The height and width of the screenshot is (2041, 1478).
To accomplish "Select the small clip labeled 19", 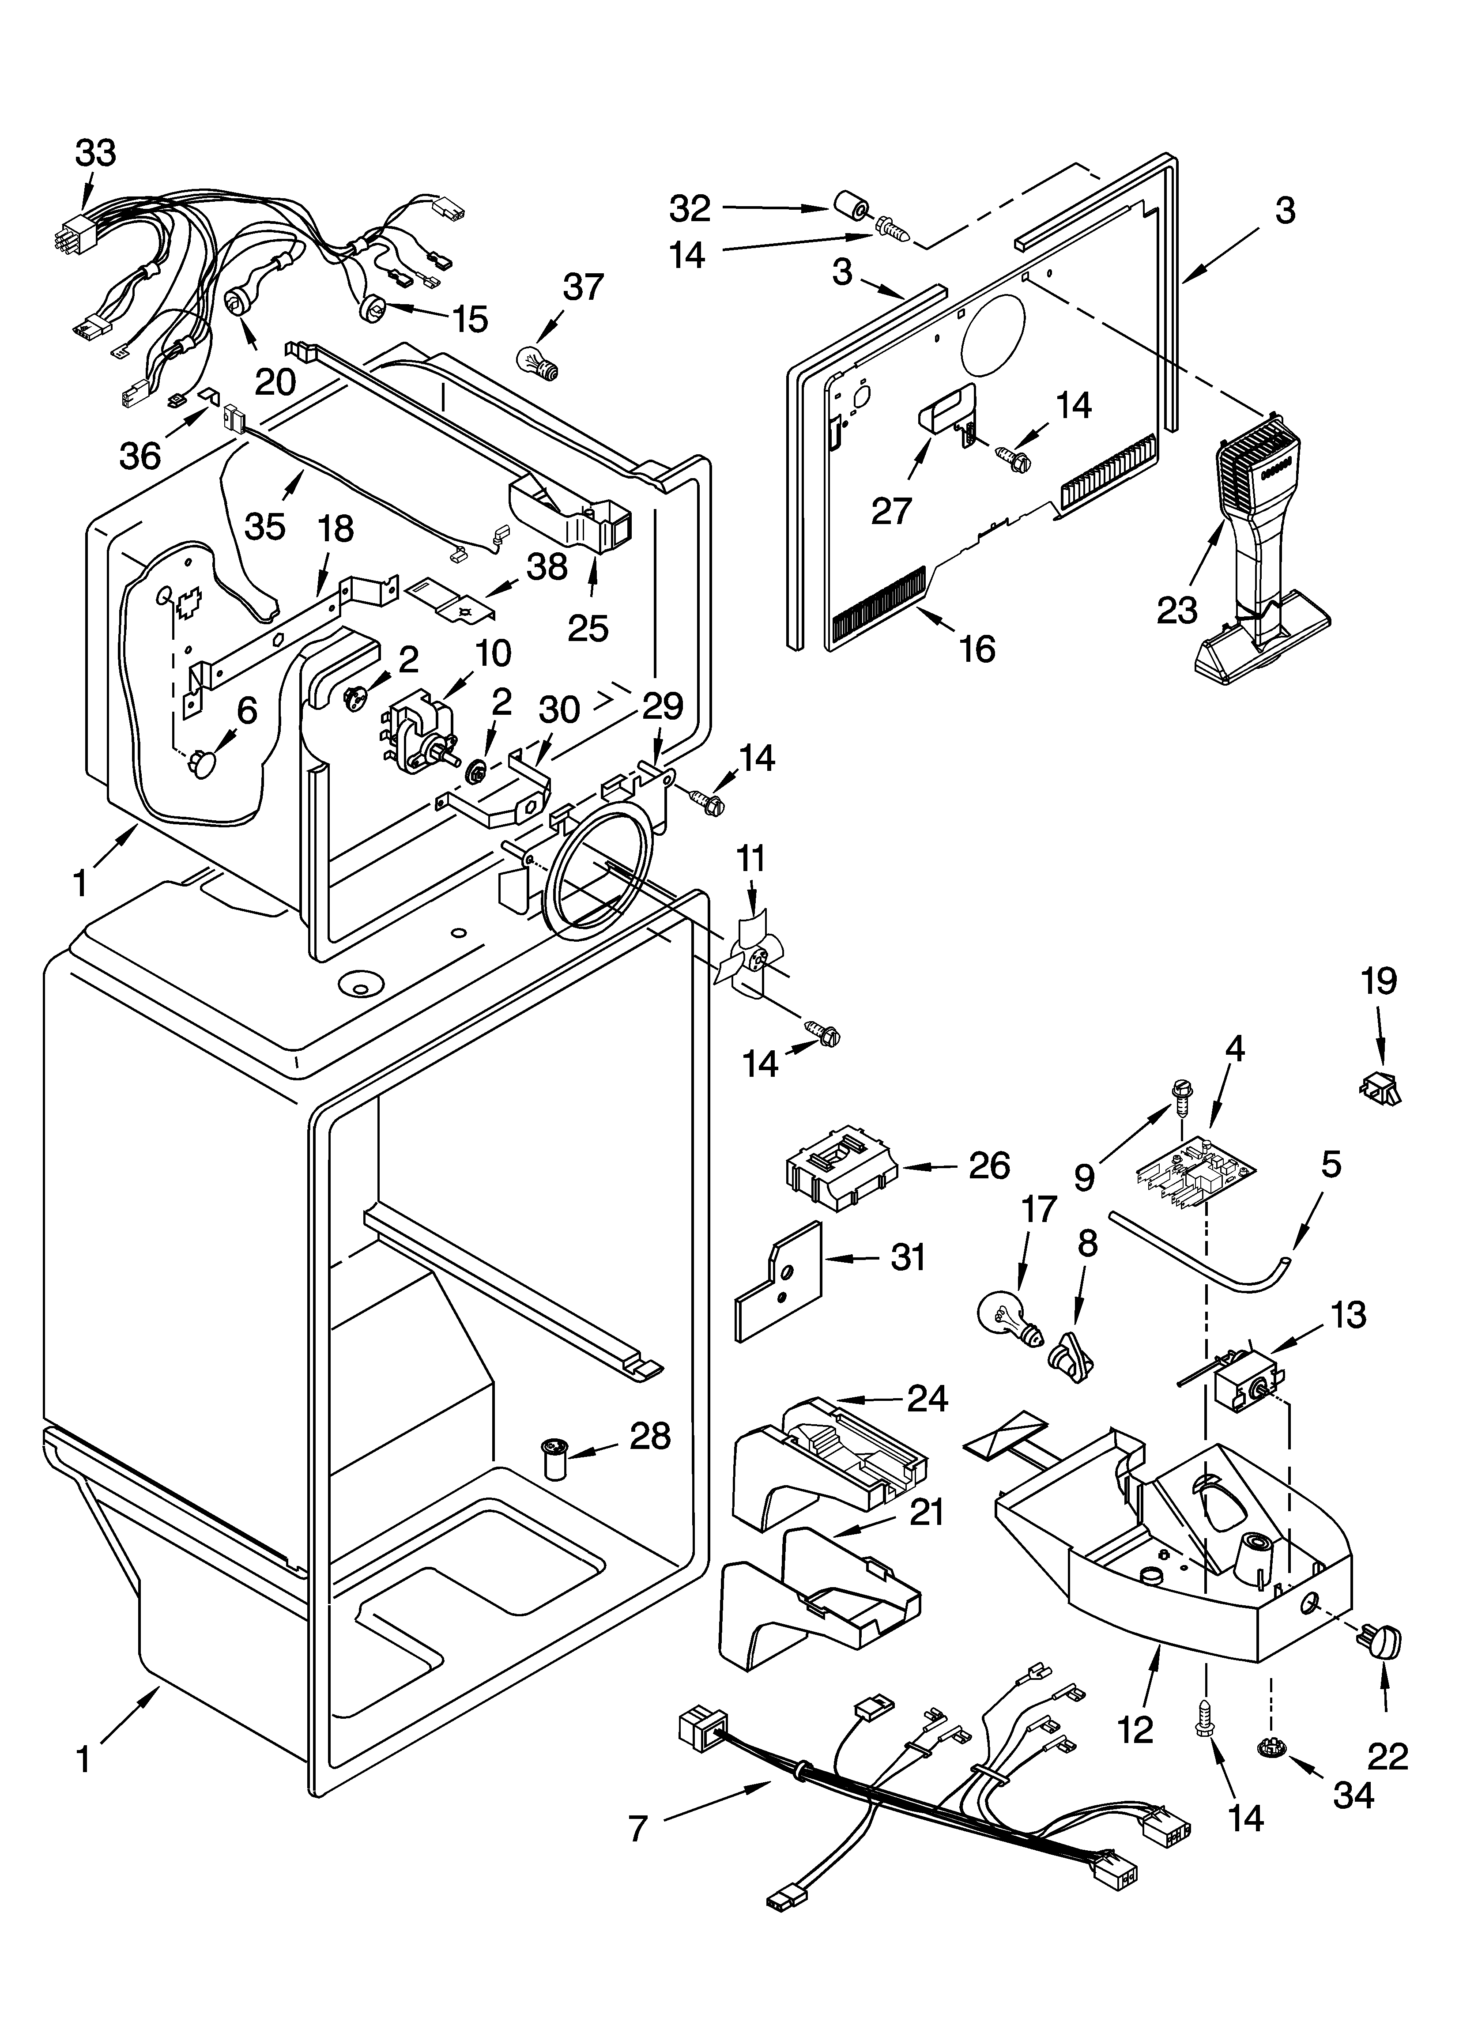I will coord(1379,1090).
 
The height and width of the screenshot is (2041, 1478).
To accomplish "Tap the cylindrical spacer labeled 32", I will coord(850,207).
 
